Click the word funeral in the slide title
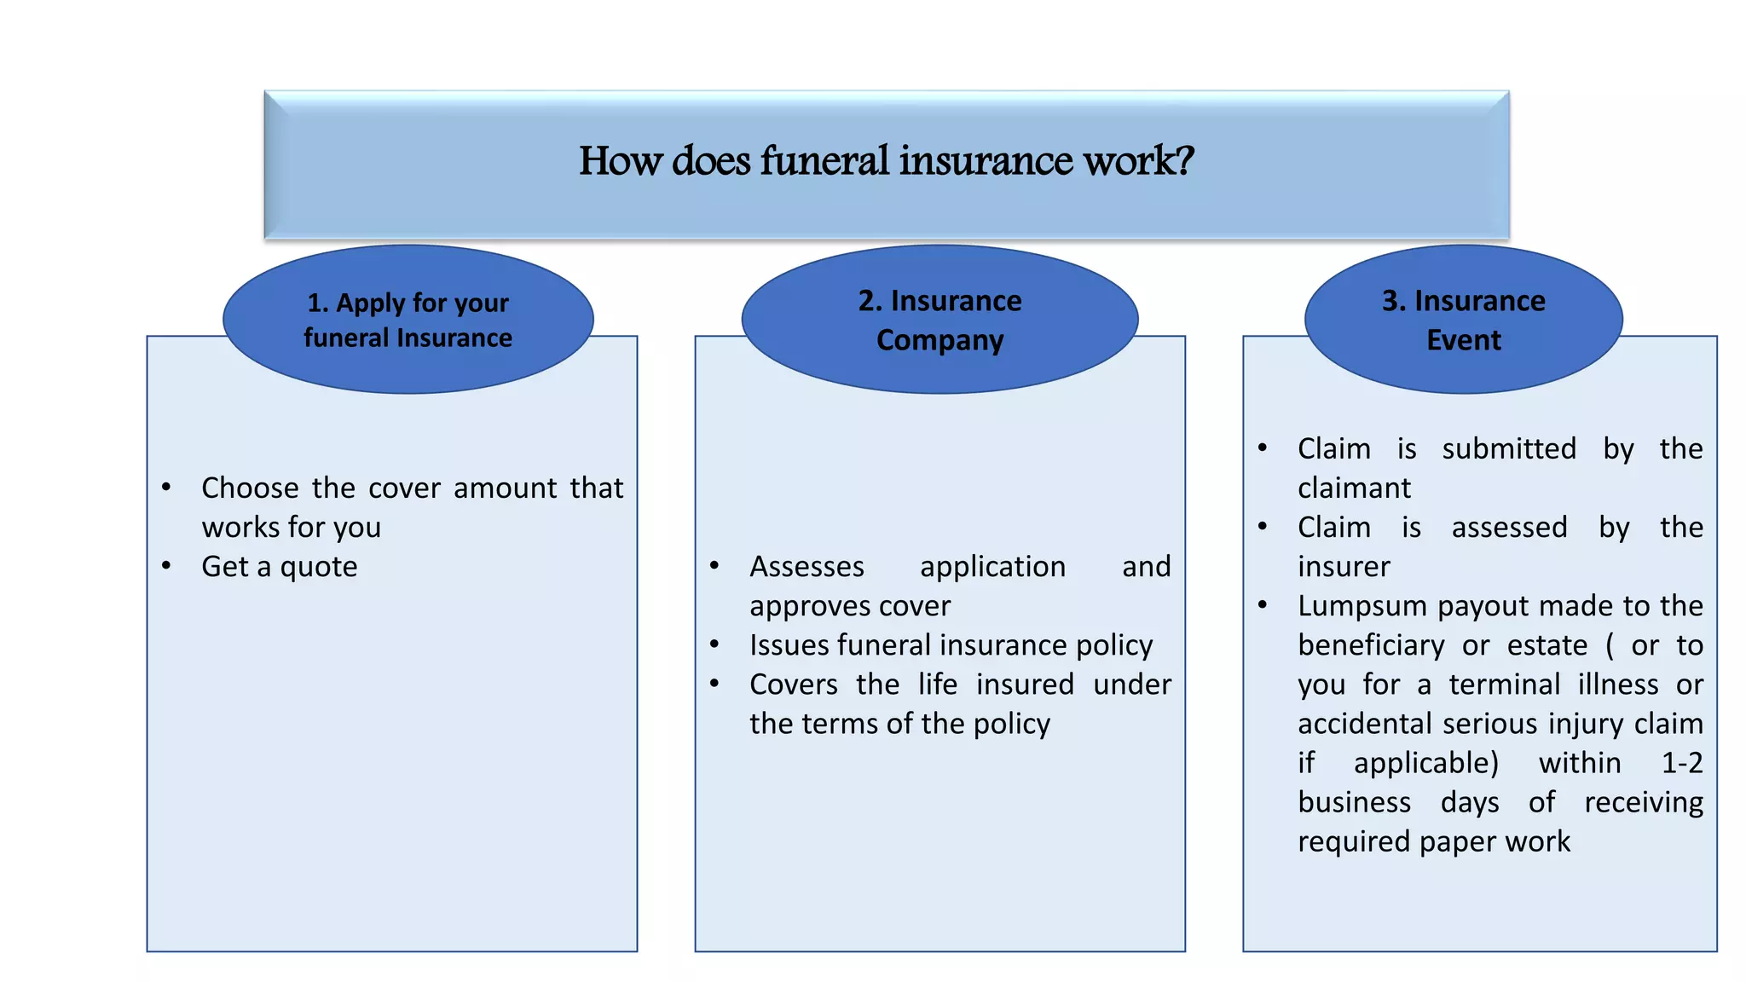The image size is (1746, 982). coord(824,161)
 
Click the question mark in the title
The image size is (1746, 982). coord(1185,161)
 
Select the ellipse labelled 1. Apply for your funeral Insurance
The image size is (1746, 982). coord(408,320)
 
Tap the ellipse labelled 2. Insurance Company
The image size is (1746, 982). coord(939,320)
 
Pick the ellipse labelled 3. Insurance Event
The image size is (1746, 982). coord(1463,320)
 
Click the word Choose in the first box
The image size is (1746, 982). coord(250,488)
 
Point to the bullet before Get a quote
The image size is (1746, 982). coord(166,566)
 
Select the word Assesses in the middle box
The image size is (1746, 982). coord(807,567)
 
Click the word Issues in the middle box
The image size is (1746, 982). coord(789,645)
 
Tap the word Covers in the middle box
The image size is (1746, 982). coord(793,685)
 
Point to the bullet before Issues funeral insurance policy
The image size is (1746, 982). coord(714,645)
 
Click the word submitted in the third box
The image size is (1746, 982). coord(1509,449)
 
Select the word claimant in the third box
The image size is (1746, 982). coord(1354,488)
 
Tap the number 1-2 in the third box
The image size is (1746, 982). coord(1681,763)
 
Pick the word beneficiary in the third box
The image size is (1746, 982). coord(1371,645)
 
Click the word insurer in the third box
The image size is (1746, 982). coord(1344,567)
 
